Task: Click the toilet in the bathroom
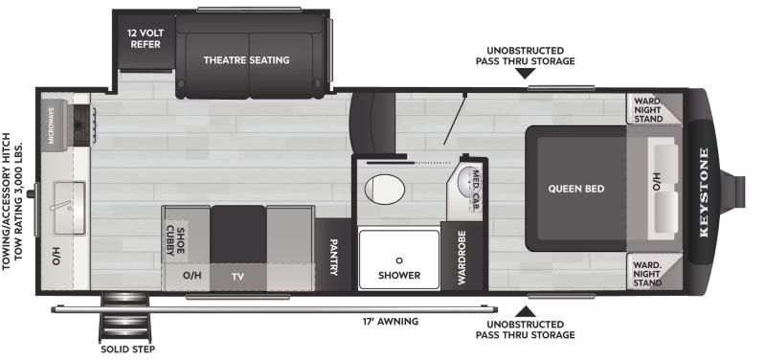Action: point(385,189)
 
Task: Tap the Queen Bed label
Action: point(576,189)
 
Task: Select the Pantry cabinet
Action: point(332,255)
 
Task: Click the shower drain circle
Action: point(399,259)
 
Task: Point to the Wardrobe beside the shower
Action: point(462,257)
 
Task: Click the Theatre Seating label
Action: point(246,60)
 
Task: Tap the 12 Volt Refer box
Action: point(146,40)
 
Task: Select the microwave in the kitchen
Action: point(54,123)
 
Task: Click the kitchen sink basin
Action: point(69,208)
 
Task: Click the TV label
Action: point(237,278)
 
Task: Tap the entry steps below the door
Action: point(124,317)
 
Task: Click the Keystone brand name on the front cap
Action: point(704,191)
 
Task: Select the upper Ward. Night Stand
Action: point(654,109)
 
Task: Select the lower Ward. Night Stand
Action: point(654,272)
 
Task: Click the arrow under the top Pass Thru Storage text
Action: point(525,74)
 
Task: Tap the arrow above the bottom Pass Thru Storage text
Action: point(525,311)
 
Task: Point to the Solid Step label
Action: point(128,349)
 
